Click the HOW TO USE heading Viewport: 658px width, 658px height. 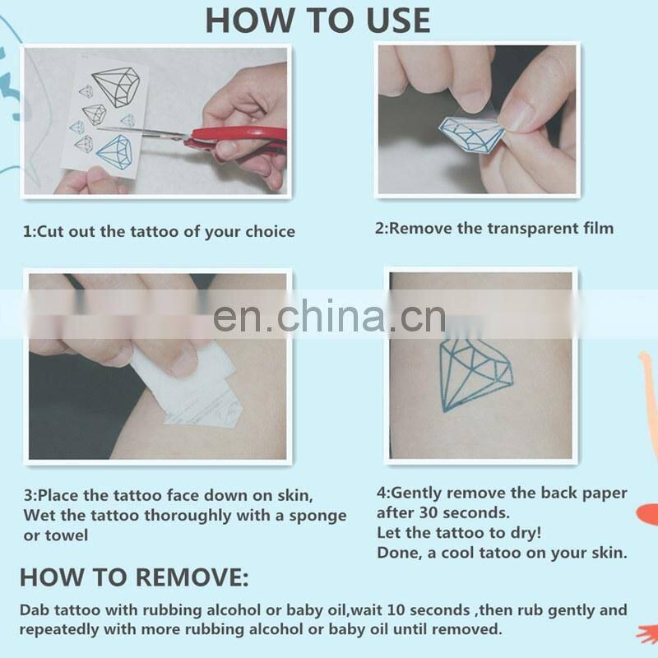pos(317,20)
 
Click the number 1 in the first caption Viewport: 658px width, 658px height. pos(27,232)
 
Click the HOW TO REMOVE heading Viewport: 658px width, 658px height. pos(133,577)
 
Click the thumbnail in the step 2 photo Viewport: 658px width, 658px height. pos(517,114)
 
